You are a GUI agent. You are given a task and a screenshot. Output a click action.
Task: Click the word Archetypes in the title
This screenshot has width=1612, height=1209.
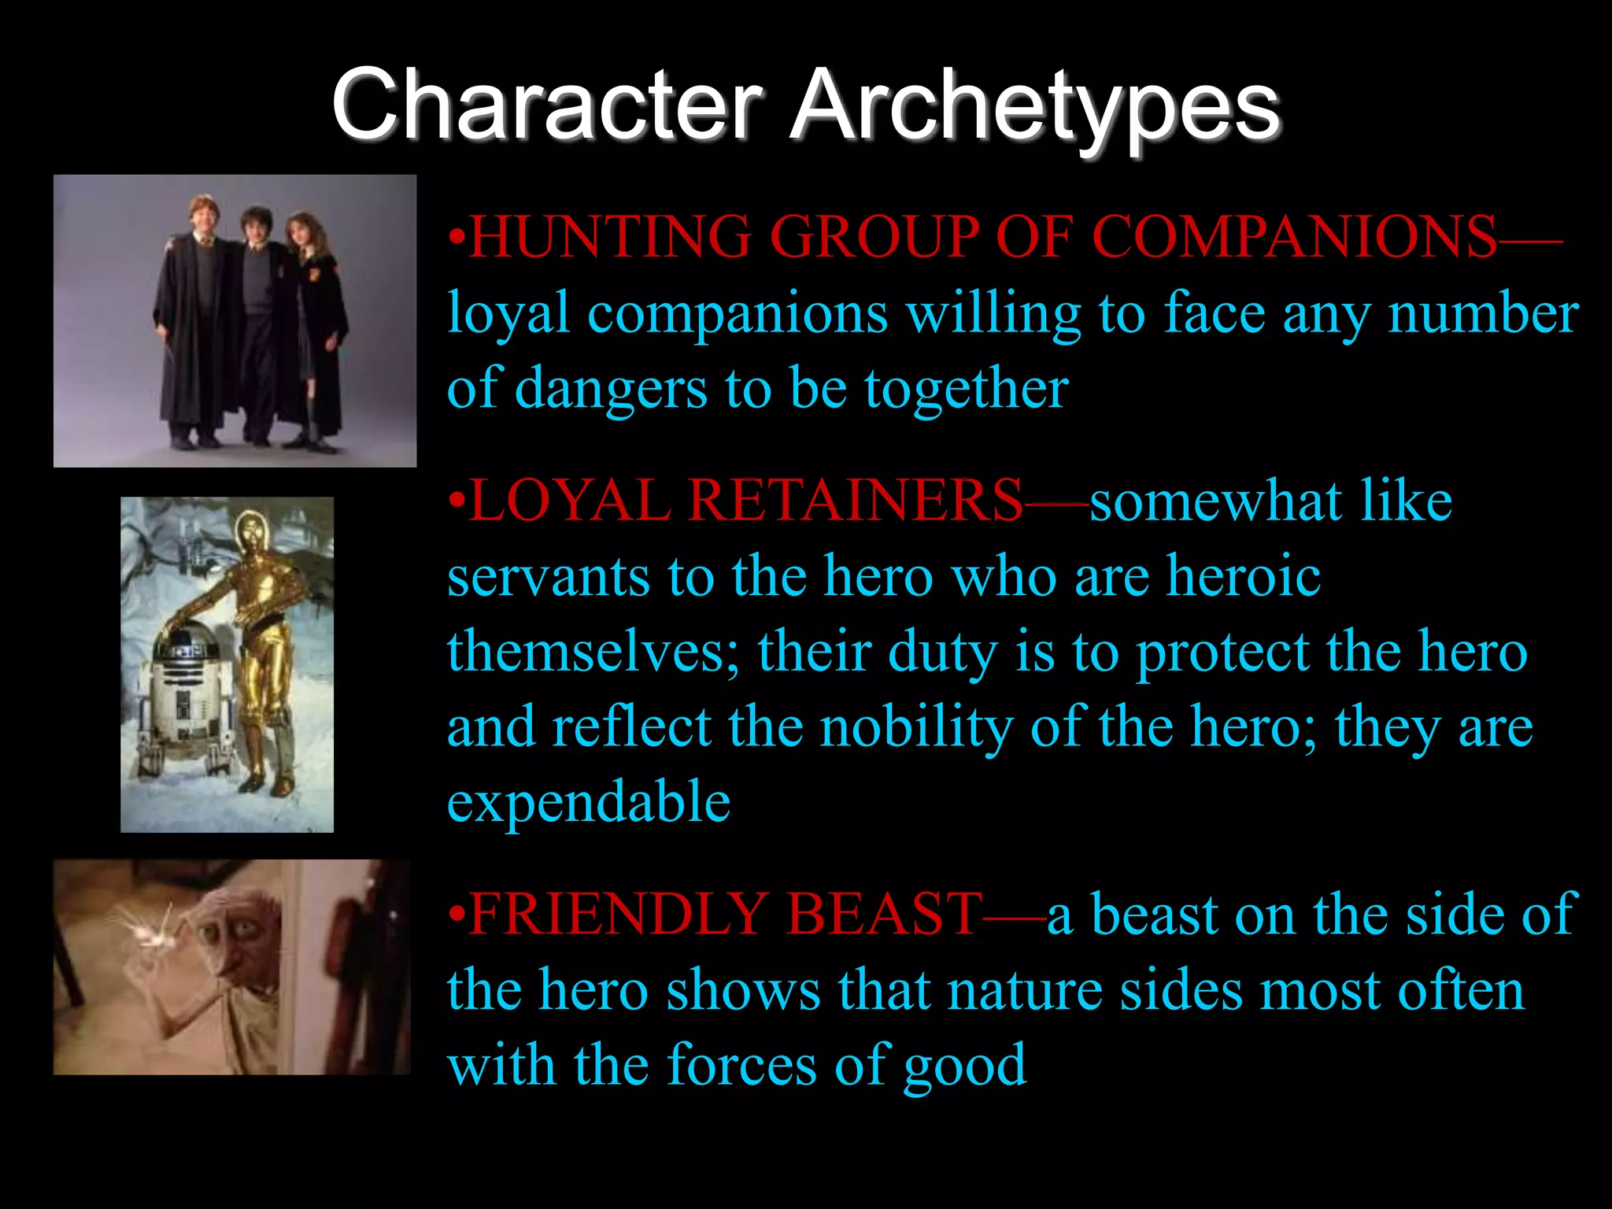point(1034,106)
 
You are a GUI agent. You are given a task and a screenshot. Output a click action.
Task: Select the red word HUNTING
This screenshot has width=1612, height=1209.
point(611,236)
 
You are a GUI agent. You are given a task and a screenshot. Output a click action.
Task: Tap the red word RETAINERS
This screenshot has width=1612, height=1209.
point(855,501)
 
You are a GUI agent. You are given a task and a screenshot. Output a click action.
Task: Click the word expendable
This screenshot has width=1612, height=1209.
point(589,803)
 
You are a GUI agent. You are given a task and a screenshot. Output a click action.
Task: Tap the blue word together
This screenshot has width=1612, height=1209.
point(967,389)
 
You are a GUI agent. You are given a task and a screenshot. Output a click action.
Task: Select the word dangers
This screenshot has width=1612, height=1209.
point(611,389)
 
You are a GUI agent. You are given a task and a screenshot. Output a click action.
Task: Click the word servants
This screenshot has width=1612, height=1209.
point(548,576)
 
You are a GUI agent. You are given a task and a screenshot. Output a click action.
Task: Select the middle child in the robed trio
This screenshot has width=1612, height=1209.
point(256,315)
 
